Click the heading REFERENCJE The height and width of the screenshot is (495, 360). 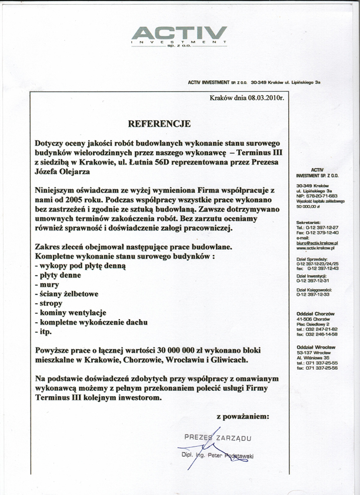[159, 123]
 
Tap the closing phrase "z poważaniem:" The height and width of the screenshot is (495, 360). [243, 416]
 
